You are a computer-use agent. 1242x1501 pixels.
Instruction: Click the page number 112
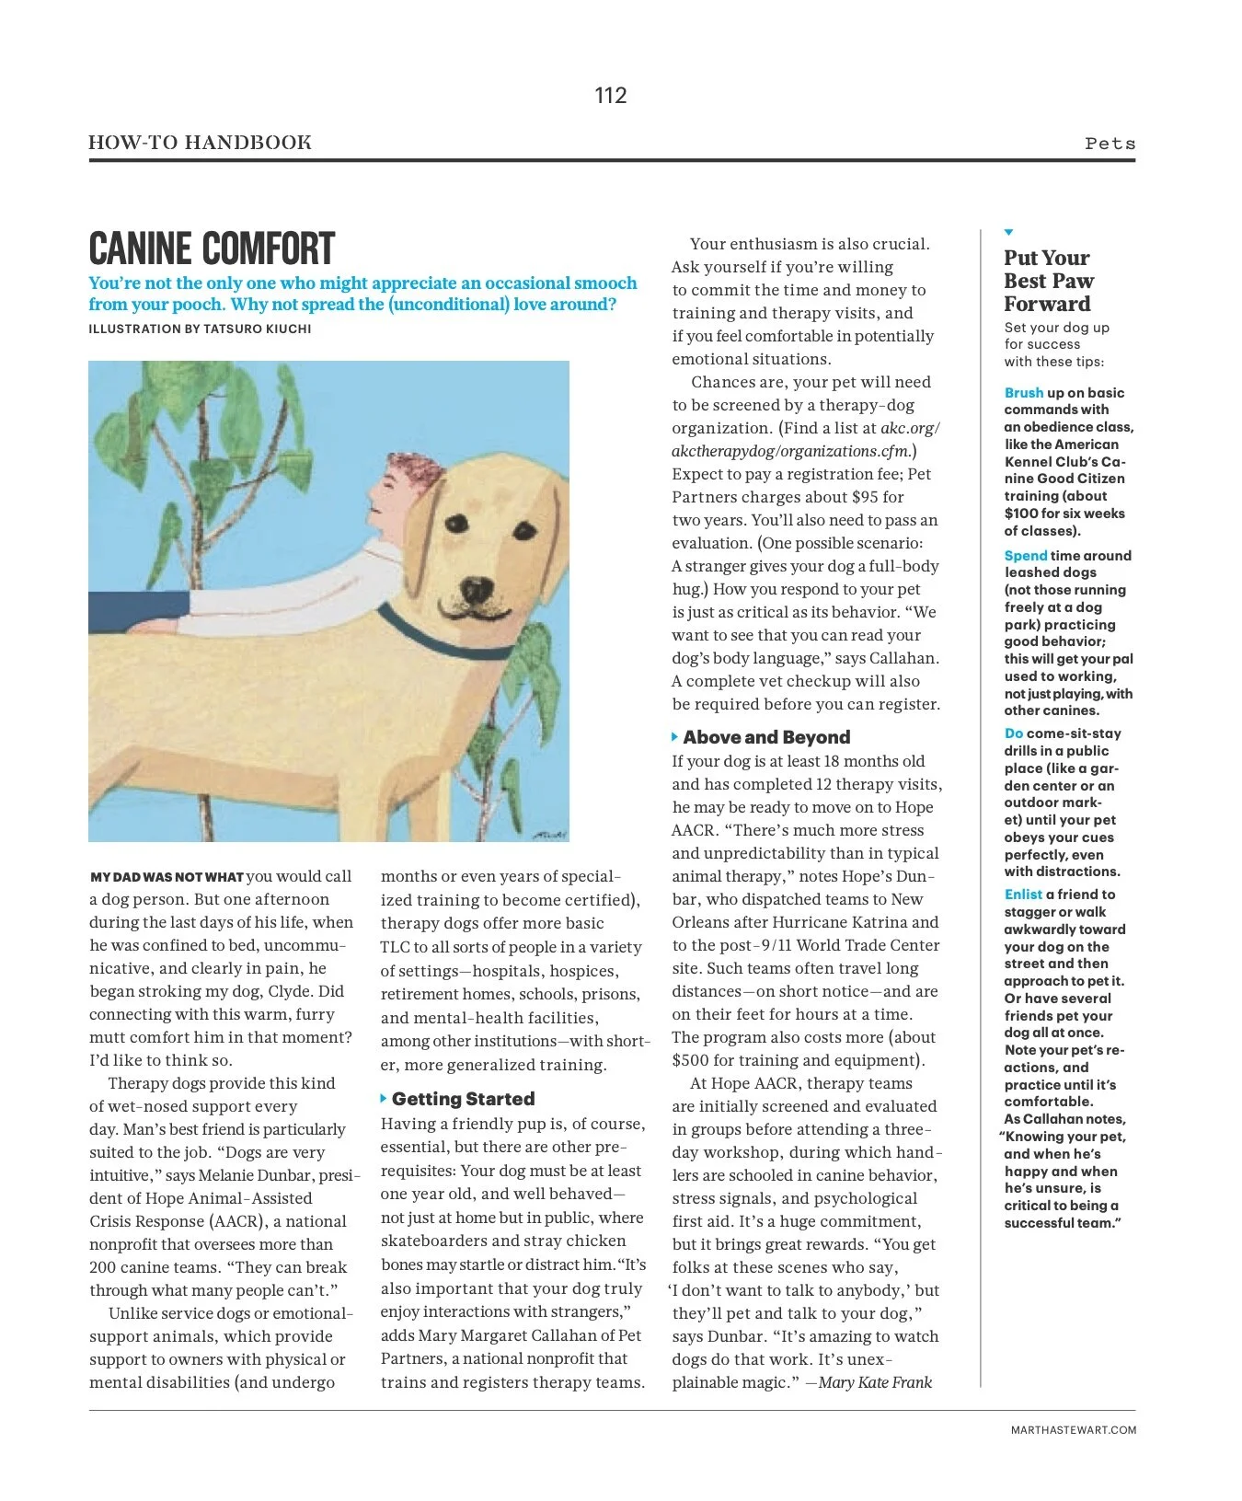click(611, 96)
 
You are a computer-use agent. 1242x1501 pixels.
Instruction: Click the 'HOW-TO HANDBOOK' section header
click(200, 143)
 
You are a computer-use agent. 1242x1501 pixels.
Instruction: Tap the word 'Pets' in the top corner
click(1110, 144)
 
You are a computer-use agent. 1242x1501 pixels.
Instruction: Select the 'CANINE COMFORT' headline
click(212, 248)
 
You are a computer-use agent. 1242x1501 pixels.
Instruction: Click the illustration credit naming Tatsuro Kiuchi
click(200, 329)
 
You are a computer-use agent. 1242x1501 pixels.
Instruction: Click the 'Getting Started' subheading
click(463, 1099)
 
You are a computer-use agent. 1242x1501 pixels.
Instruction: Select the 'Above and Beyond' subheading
click(765, 737)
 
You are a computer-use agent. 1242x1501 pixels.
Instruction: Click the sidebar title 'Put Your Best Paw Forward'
click(1048, 281)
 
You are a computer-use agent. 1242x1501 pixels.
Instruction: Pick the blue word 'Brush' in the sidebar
click(1023, 393)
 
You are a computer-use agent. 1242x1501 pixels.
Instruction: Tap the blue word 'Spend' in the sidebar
click(1025, 556)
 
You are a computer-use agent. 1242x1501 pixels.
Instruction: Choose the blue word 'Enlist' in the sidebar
click(1023, 895)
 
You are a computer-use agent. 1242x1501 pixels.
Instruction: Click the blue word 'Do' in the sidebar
click(1013, 733)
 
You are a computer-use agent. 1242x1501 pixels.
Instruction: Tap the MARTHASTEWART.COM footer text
click(1073, 1430)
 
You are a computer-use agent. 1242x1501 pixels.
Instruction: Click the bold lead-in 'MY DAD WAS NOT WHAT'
click(167, 877)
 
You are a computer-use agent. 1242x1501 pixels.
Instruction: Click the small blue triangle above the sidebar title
click(1009, 232)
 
